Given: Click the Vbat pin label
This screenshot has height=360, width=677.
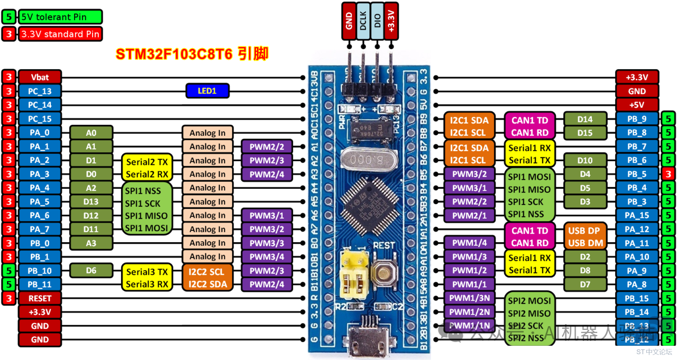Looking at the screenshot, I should (x=40, y=77).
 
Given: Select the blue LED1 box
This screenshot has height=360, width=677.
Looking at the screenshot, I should (x=207, y=91).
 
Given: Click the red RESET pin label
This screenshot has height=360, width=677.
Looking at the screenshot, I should (x=40, y=298).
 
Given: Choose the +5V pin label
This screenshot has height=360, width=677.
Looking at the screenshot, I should (x=637, y=105).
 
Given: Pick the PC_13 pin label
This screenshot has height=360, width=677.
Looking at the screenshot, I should (x=40, y=91).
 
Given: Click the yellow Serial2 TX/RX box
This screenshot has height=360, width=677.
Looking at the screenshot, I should (x=147, y=167).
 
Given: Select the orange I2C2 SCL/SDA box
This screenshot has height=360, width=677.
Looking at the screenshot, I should (x=207, y=278).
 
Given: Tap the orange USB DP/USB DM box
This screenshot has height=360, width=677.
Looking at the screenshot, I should (x=584, y=236).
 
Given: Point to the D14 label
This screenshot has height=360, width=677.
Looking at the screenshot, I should (x=585, y=119).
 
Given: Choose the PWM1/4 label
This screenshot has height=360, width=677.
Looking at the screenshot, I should (x=470, y=243).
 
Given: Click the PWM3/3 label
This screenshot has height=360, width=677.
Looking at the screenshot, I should (x=267, y=243).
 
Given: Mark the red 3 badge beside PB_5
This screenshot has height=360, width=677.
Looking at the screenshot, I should (x=669, y=173).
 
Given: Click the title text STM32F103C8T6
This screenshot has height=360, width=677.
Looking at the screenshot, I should (x=174, y=54).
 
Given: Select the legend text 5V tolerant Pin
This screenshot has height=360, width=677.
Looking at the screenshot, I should (x=53, y=17).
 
